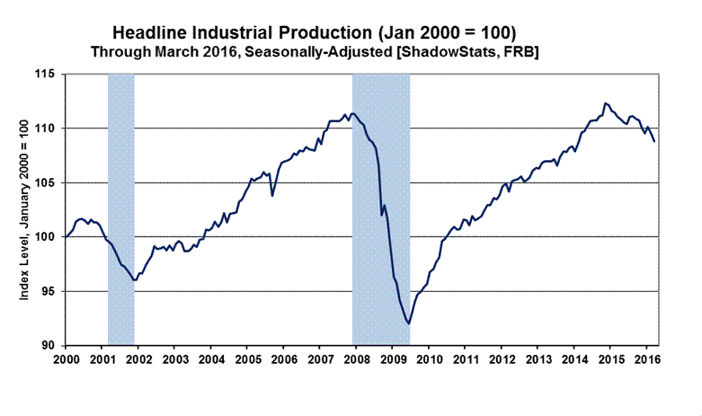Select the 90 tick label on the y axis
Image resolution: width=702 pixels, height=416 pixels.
click(48, 345)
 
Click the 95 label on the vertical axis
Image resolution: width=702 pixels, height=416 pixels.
click(48, 291)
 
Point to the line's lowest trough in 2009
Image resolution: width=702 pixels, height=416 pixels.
click(409, 323)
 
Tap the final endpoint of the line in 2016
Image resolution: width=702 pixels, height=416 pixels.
click(653, 141)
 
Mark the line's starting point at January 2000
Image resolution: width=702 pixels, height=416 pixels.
click(65, 237)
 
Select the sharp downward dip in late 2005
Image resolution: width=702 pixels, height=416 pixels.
click(272, 195)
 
